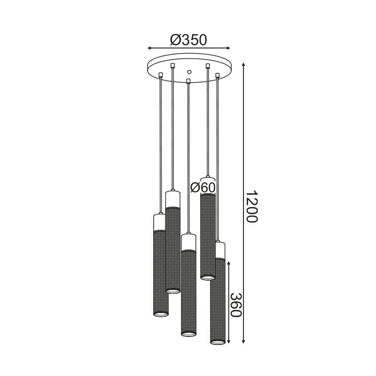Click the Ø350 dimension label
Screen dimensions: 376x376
click(188, 40)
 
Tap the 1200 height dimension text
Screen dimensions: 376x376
click(252, 207)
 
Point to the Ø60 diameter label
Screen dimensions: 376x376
click(203, 187)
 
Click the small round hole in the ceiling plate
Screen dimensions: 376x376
click(189, 72)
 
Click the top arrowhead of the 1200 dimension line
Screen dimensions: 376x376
click(244, 65)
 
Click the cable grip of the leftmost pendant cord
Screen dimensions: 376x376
click(162, 74)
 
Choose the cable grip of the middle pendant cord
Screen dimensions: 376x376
click(188, 81)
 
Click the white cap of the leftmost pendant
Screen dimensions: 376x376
click(160, 222)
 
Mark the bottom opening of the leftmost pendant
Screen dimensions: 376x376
click(160, 314)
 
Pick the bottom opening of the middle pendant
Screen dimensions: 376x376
click(188, 333)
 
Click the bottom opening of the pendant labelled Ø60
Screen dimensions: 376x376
click(207, 276)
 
